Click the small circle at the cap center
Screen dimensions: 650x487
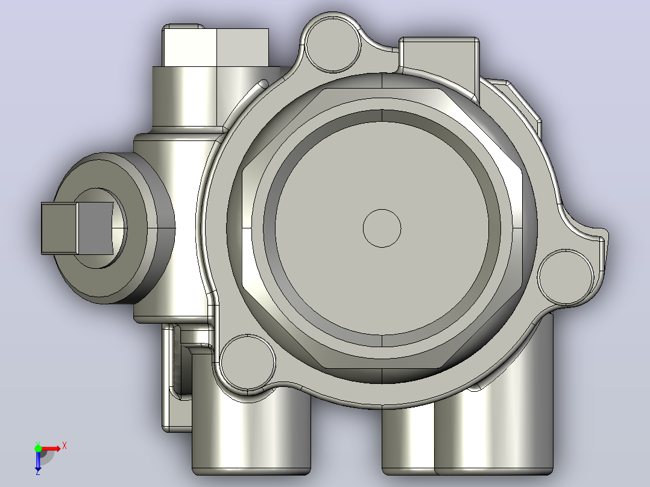(x=382, y=228)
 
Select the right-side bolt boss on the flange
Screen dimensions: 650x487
(x=566, y=277)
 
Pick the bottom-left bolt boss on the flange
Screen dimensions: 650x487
(x=247, y=362)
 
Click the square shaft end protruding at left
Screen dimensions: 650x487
(x=77, y=228)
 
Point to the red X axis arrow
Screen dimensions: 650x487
(x=51, y=449)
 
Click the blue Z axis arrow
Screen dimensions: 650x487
(x=38, y=459)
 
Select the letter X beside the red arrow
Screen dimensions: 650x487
(x=65, y=446)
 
